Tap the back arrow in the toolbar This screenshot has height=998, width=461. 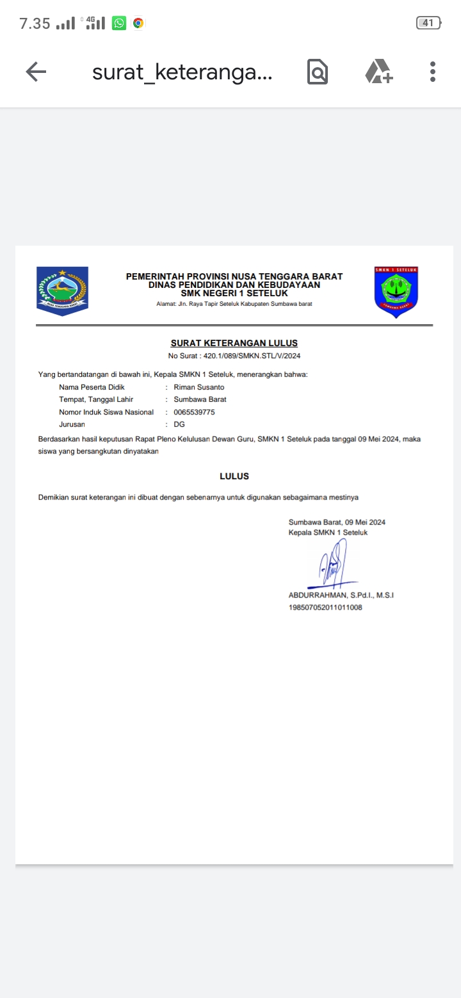coord(36,72)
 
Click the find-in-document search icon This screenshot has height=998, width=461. coord(318,72)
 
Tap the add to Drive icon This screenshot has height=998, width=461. coord(378,72)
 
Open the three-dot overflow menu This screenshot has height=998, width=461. coord(433,72)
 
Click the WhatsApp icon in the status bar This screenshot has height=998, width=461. coord(119,24)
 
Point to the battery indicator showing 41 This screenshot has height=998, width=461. coord(428,23)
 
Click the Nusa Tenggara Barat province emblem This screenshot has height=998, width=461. coord(62,291)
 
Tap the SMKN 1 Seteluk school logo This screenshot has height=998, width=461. coord(396,292)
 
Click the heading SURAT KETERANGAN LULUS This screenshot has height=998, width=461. coord(234,343)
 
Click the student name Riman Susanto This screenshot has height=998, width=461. coord(199,387)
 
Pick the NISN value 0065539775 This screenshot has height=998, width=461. coord(194,412)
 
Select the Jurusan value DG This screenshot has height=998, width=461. coord(179,424)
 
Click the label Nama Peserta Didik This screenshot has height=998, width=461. coord(92,387)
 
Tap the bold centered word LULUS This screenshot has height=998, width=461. coord(234,476)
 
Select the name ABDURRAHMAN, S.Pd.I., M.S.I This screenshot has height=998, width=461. coord(341,595)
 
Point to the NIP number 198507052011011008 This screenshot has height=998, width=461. coord(325,607)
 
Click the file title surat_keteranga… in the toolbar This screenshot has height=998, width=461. coord(182,72)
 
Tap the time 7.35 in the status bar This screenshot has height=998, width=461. coord(35,24)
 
